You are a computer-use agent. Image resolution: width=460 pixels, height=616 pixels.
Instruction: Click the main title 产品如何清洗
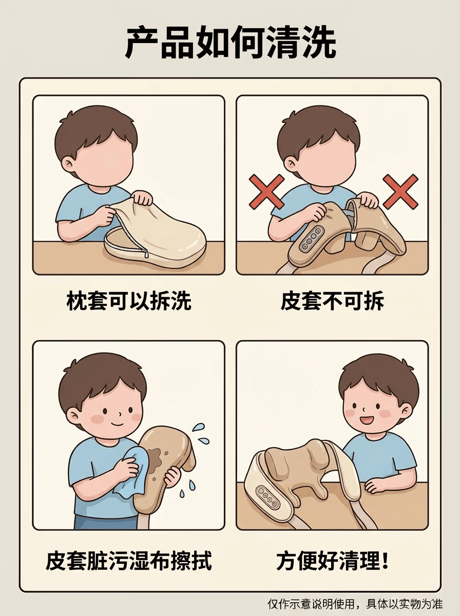point(230,43)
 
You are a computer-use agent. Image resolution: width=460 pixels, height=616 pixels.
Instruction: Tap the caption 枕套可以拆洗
point(129,301)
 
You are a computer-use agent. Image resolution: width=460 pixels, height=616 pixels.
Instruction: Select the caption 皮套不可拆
point(332,301)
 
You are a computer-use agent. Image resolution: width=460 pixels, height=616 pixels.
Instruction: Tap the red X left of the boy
point(267,191)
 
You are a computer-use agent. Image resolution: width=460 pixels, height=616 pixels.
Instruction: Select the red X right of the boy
point(401,191)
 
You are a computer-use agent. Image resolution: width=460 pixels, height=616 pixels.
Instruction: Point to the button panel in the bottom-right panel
point(268,496)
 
